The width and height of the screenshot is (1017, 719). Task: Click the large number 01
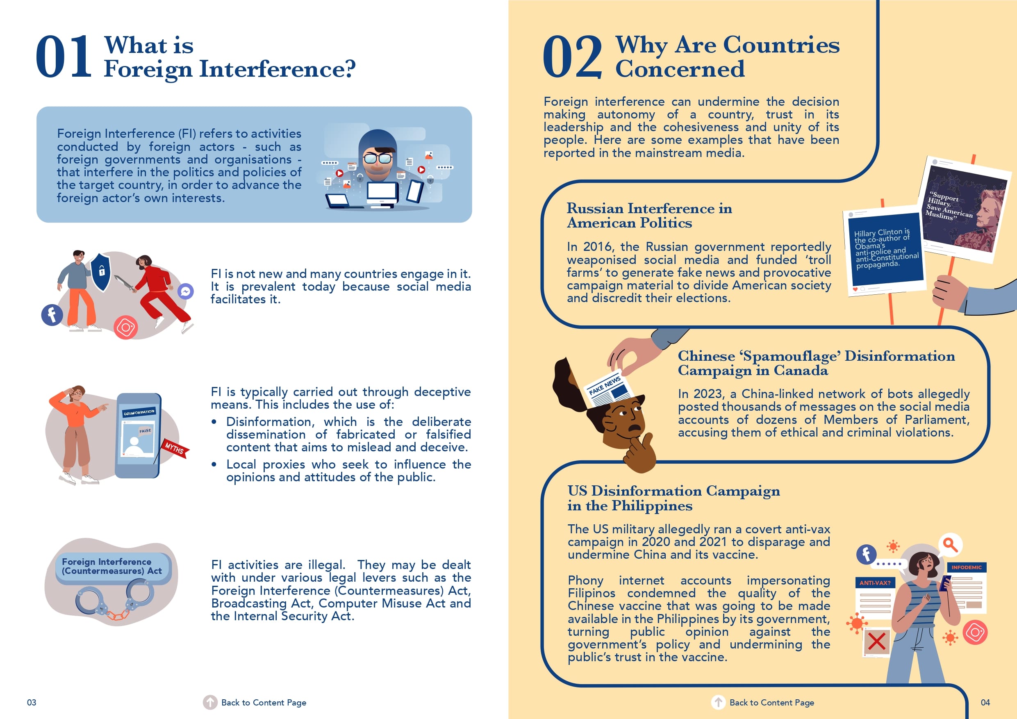click(x=64, y=57)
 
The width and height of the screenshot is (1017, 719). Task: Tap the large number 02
click(x=572, y=57)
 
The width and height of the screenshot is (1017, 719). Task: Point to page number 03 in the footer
click(x=32, y=703)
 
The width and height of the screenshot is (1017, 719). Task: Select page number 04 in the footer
click(x=985, y=703)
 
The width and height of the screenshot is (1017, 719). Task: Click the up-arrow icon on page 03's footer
click(x=210, y=702)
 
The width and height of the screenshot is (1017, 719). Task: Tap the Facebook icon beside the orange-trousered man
click(x=52, y=315)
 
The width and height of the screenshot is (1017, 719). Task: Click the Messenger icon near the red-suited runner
click(x=186, y=291)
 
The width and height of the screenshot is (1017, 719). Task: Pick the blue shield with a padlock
click(x=100, y=271)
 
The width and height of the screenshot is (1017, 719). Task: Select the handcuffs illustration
click(x=114, y=598)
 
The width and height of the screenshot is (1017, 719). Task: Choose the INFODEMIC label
click(x=967, y=567)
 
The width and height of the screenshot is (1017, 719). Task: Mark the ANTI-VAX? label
click(x=875, y=583)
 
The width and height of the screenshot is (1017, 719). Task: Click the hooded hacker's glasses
click(x=378, y=158)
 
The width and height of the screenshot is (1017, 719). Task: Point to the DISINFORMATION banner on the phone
click(x=139, y=412)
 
